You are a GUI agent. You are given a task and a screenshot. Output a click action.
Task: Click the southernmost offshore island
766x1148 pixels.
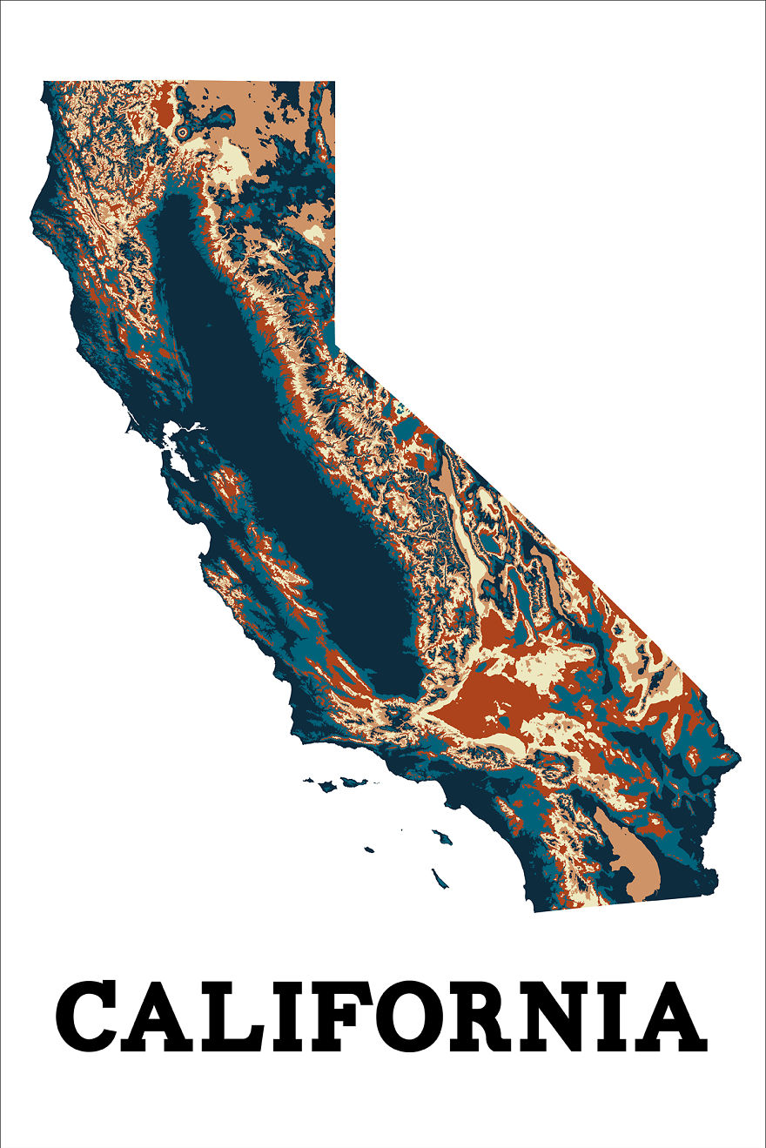(x=440, y=878)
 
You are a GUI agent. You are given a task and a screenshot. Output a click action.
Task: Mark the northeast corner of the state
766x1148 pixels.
(x=335, y=83)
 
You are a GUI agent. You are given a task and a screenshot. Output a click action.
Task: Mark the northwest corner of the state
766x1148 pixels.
(x=44, y=83)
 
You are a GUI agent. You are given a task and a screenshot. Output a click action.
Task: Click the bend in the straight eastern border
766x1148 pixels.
(x=336, y=347)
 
